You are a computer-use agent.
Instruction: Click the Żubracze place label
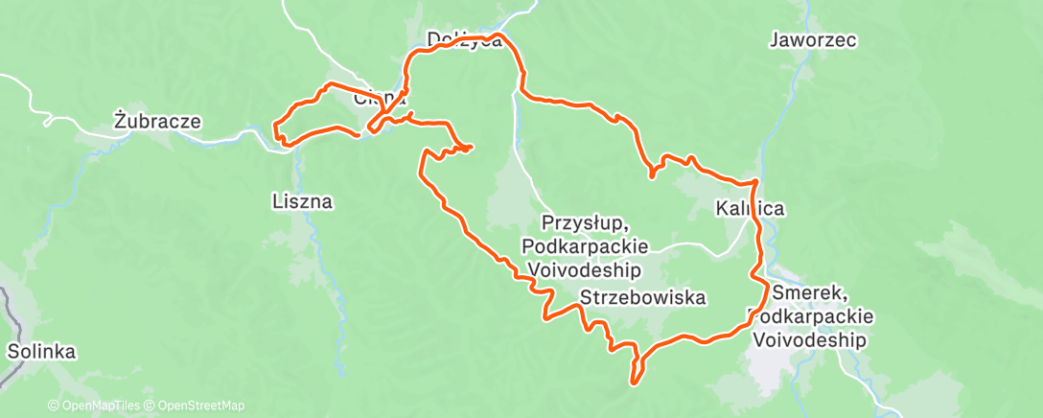tap(157, 122)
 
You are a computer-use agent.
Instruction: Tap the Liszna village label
tap(301, 201)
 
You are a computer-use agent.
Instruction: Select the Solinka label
tap(40, 351)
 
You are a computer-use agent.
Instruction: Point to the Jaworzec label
tap(812, 40)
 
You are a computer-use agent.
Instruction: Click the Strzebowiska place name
tap(643, 298)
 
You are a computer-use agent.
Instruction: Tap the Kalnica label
tap(750, 208)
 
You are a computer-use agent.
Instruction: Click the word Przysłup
tap(584, 223)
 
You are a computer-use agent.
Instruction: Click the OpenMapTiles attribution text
tap(97, 406)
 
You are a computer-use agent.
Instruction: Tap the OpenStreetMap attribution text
tap(196, 406)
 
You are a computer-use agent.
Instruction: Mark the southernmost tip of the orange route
tap(633, 383)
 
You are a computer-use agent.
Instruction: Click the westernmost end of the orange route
tap(275, 129)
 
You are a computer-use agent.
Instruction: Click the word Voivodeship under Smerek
tap(810, 340)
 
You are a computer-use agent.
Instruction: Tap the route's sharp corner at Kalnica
tap(756, 181)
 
